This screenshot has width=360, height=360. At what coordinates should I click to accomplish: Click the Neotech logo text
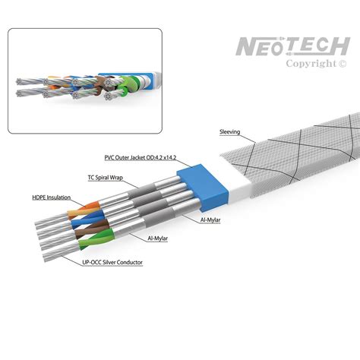[x=293, y=46]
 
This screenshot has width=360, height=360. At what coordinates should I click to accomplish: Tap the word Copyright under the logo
[x=311, y=64]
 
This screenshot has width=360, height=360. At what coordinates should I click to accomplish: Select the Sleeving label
[x=229, y=132]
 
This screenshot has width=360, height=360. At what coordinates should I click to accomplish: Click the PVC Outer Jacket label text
[x=141, y=157]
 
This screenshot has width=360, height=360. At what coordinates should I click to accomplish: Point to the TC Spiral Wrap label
[x=106, y=178]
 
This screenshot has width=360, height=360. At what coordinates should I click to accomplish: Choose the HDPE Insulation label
[x=52, y=197]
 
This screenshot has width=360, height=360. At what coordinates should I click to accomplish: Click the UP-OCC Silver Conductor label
[x=112, y=262]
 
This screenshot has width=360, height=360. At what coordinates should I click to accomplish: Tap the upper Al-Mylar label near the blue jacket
[x=210, y=220]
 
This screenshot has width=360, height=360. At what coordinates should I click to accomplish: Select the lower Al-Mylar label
[x=157, y=238]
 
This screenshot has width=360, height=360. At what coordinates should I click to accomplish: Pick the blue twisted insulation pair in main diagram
[x=87, y=219]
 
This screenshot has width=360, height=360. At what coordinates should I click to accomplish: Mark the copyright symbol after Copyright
[x=342, y=64]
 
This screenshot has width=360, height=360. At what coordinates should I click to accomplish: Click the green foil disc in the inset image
[x=128, y=83]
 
